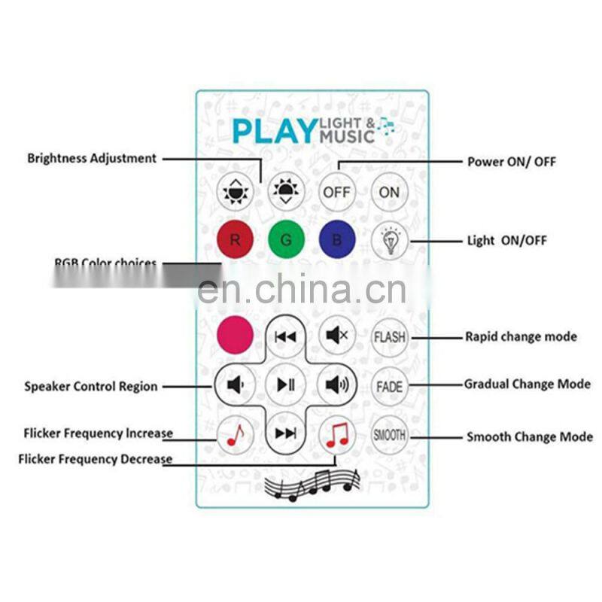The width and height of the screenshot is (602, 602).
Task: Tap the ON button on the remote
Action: (389, 193)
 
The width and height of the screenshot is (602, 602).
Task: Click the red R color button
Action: (235, 241)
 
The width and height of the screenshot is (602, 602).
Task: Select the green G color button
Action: (286, 241)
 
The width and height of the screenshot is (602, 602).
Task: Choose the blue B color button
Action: (337, 241)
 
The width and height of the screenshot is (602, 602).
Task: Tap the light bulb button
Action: (389, 241)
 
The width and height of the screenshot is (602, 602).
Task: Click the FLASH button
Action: (389, 337)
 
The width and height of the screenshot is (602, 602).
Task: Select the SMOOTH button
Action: (389, 435)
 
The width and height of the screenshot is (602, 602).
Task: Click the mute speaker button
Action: (336, 336)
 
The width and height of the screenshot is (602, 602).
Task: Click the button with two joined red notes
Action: (336, 435)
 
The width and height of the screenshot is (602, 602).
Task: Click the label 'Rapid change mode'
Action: (521, 336)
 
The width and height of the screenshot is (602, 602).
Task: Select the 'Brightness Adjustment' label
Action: (92, 159)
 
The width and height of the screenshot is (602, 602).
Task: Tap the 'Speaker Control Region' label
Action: (91, 387)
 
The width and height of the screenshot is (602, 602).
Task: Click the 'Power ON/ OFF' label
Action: (512, 162)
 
